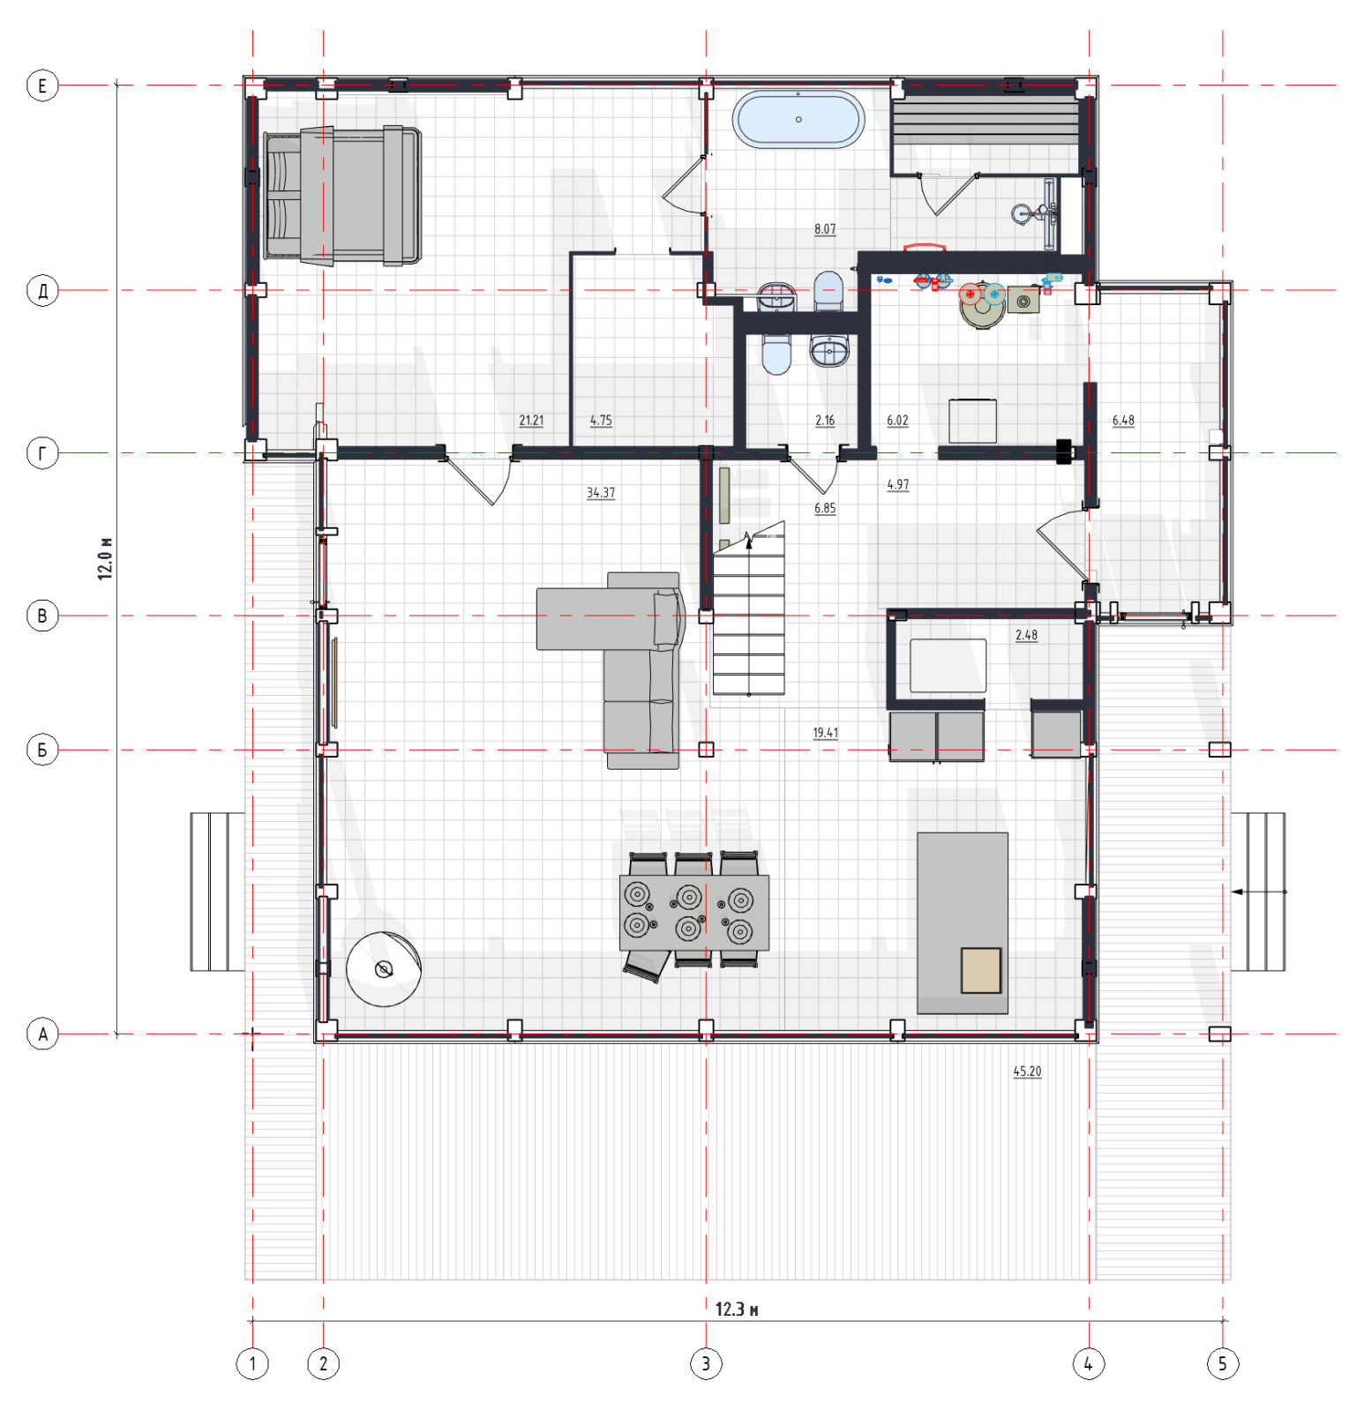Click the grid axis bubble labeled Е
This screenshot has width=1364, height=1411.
[x=42, y=86]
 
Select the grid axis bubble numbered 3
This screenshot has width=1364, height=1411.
[x=706, y=1363]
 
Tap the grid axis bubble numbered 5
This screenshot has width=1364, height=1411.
[x=1223, y=1363]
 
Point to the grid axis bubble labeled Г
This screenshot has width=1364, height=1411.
[x=42, y=453]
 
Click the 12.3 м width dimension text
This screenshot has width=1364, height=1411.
[x=737, y=1310]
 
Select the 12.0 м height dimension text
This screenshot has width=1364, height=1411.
[x=105, y=557]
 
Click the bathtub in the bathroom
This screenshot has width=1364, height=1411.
[x=798, y=119]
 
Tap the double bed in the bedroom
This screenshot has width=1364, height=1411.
[x=342, y=196]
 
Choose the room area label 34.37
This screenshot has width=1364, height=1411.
[x=601, y=492]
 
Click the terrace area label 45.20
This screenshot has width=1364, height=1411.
[x=1027, y=1071]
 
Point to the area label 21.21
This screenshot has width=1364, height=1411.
[x=531, y=421]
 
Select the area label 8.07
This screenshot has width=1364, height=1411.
[x=825, y=229]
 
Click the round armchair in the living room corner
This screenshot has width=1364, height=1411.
[x=384, y=969]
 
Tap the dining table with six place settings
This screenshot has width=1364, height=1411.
[x=694, y=913]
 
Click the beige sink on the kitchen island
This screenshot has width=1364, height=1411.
[x=981, y=970]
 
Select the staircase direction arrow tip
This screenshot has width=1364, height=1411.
[x=749, y=534]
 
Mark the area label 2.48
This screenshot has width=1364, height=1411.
[x=1026, y=635]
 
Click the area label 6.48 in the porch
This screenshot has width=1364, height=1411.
[x=1123, y=421]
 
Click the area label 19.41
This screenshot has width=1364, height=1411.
[x=826, y=733]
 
